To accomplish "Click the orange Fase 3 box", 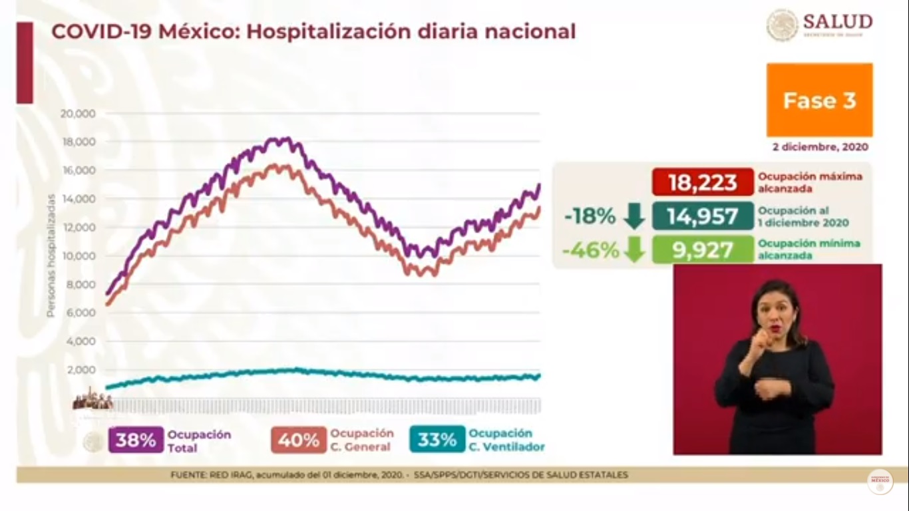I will (x=819, y=100).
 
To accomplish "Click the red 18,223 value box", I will (x=703, y=182).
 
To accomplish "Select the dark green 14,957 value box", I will (x=703, y=216).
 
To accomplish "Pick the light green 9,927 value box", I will (x=703, y=250).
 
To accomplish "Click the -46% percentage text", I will (x=590, y=250).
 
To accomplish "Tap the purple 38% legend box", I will (x=136, y=440).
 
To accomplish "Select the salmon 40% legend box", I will (x=299, y=440).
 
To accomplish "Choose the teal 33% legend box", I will (x=437, y=440).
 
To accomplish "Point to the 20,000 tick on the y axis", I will (x=78, y=113).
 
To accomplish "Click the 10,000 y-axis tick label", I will (x=78, y=256).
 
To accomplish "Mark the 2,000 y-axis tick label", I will (x=81, y=370).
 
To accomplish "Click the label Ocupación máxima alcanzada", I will (x=809, y=182).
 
